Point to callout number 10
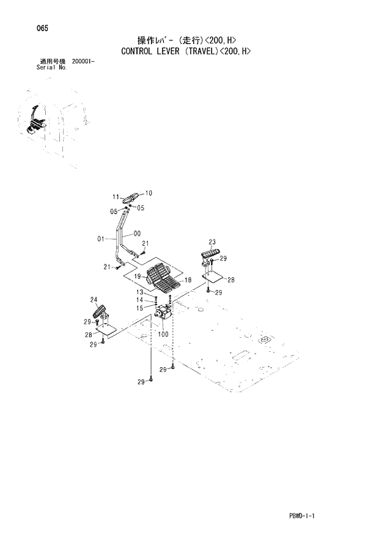pos(149,193)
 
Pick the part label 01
pos(102,239)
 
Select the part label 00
pos(137,233)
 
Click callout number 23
pos(212,241)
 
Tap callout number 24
pos(94,299)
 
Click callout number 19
pos(138,277)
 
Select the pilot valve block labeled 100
pos(164,315)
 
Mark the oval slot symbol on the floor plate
pos(265,340)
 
